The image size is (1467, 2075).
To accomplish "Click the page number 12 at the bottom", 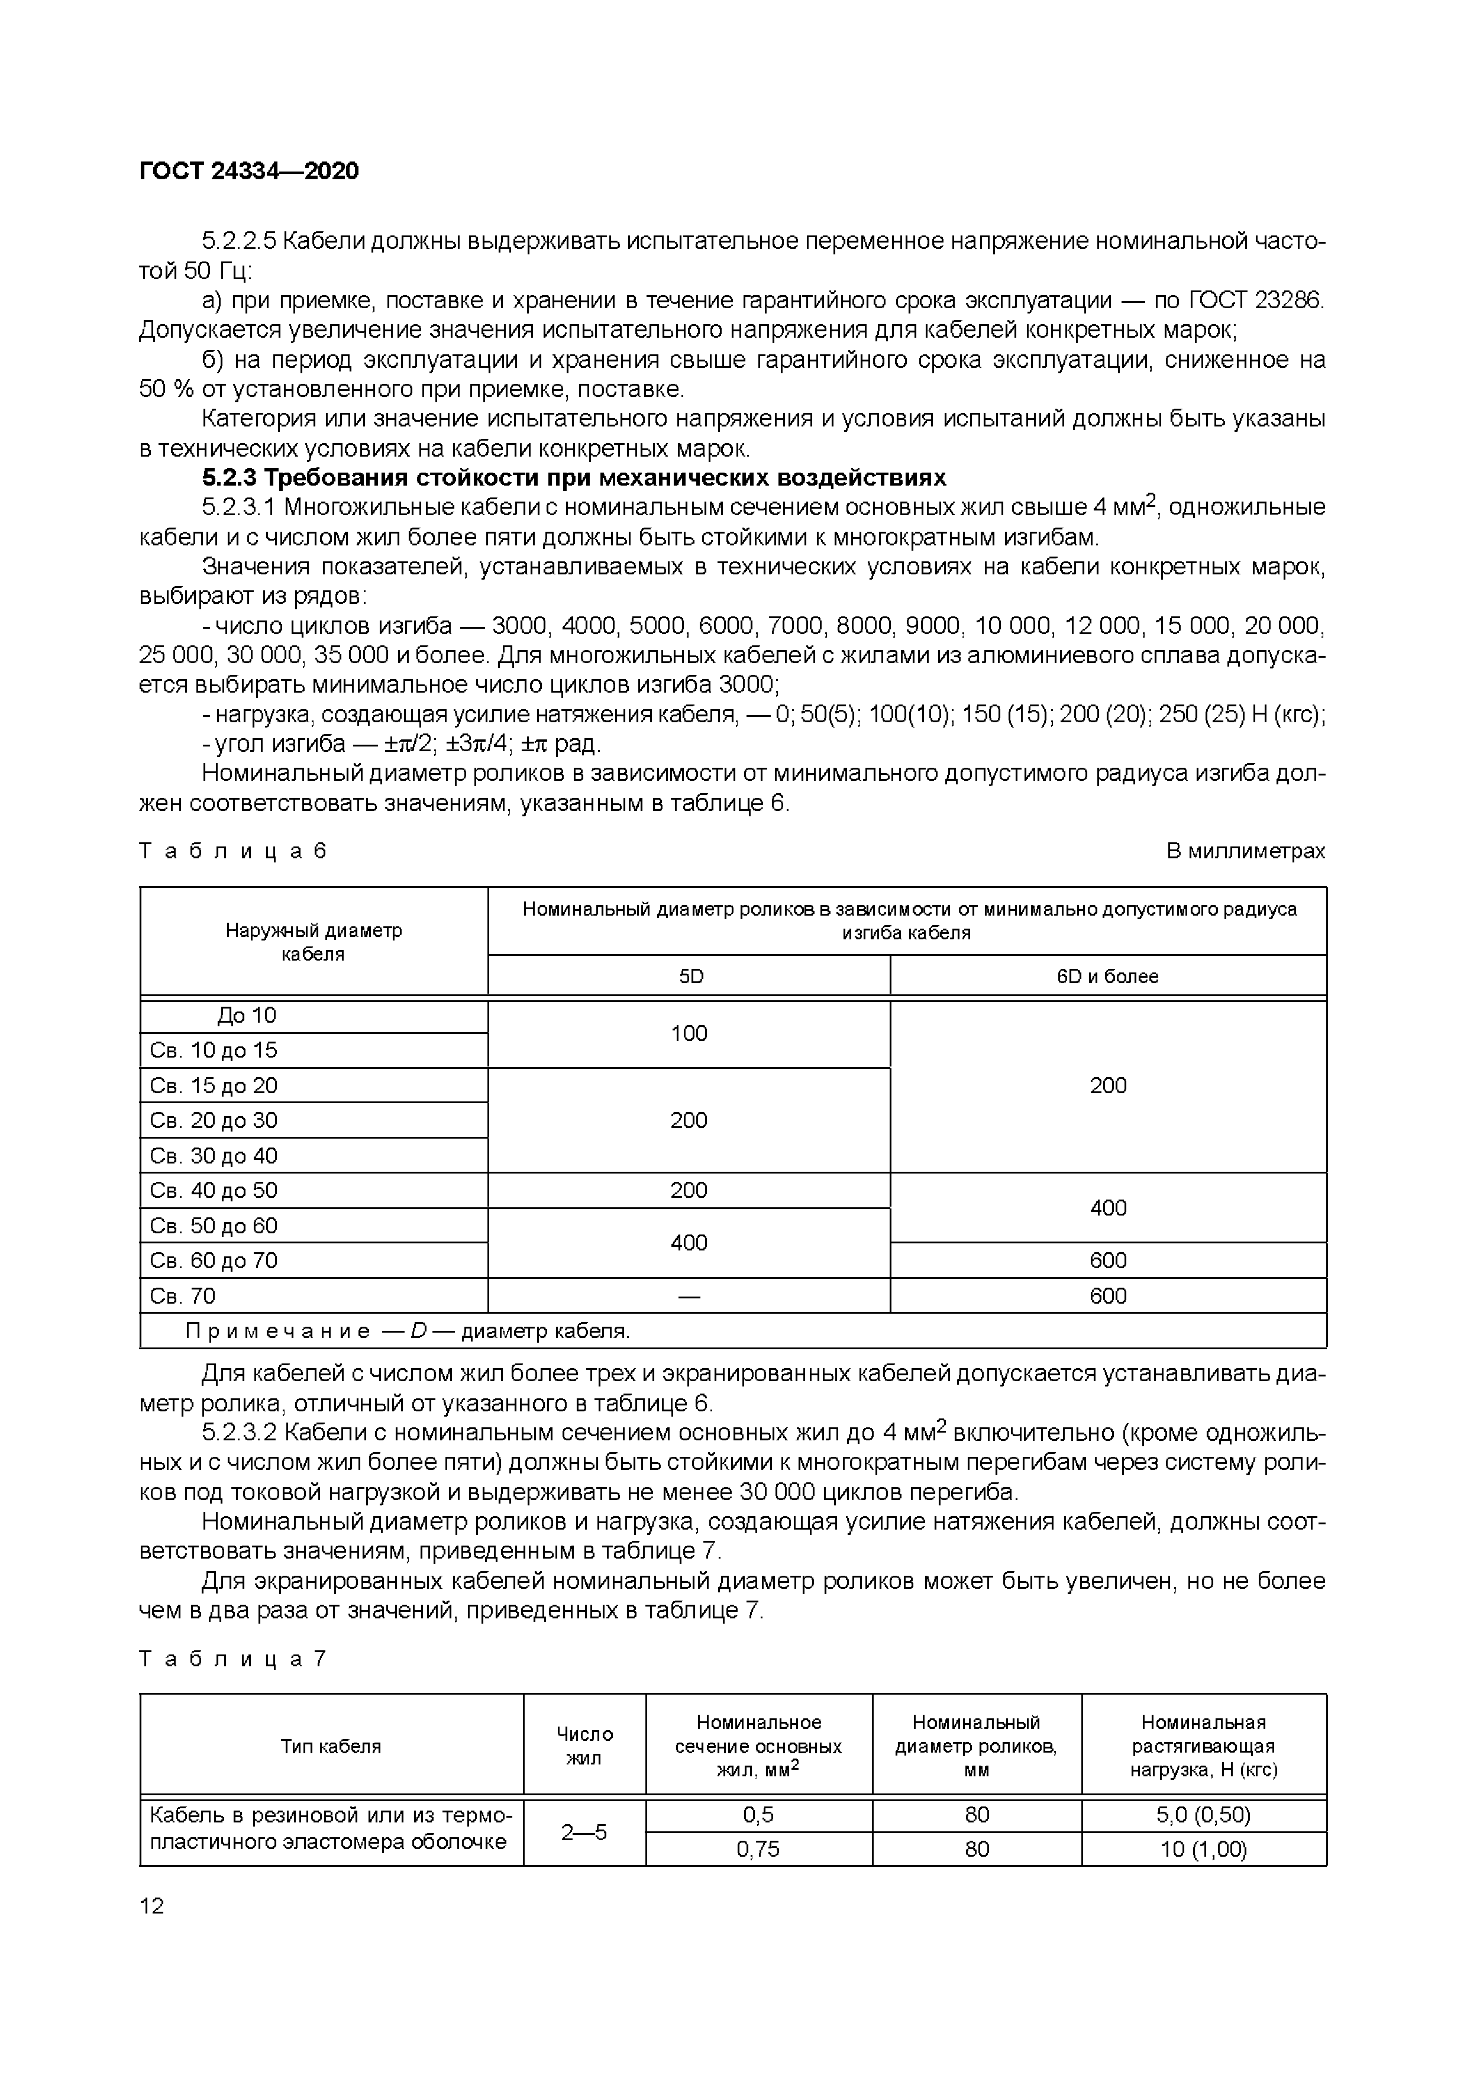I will pyautogui.click(x=153, y=1906).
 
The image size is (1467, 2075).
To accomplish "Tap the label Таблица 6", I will pyautogui.click(x=232, y=851).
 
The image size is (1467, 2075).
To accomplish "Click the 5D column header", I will pyautogui.click(x=690, y=976).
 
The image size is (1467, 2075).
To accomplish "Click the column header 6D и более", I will pyautogui.click(x=1107, y=976).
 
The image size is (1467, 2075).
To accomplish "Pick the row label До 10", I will pyautogui.click(x=246, y=1016).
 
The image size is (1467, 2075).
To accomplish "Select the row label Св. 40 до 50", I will pyautogui.click(x=214, y=1190).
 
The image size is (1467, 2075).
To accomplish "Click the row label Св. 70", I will pyautogui.click(x=183, y=1296).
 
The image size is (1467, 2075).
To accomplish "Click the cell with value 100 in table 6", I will pyautogui.click(x=689, y=1033).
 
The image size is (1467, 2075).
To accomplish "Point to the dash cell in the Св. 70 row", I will pyautogui.click(x=689, y=1296).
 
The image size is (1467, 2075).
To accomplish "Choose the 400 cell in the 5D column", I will pyautogui.click(x=689, y=1243).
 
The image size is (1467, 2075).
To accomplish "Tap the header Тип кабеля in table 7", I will pyautogui.click(x=331, y=1746).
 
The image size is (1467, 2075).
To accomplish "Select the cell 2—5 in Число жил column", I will pyautogui.click(x=584, y=1832).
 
